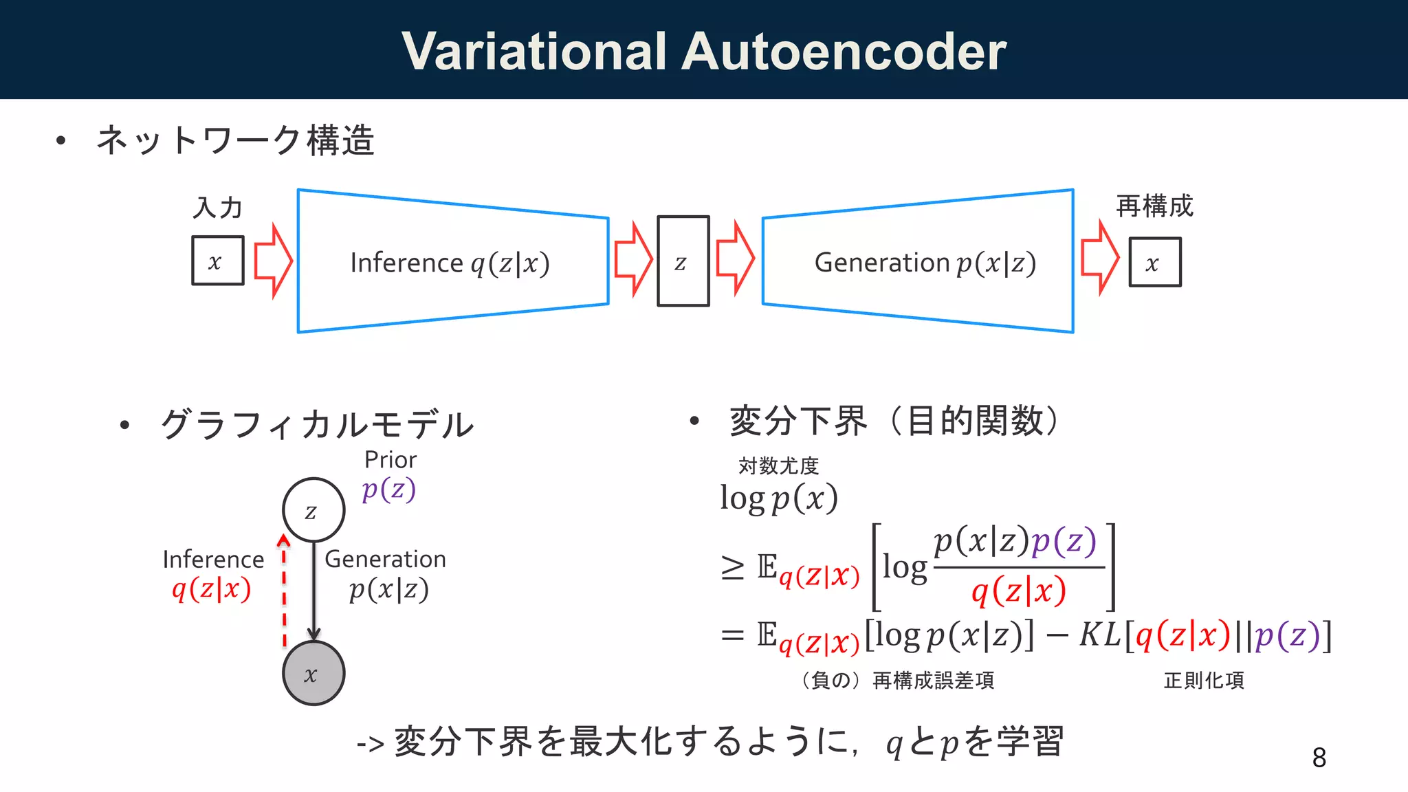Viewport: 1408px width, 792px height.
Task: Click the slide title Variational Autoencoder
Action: tap(704, 52)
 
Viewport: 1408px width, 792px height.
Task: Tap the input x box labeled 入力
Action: tap(217, 261)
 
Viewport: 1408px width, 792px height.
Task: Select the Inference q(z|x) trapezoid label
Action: tap(450, 263)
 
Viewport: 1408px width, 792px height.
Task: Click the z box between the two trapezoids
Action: tap(683, 261)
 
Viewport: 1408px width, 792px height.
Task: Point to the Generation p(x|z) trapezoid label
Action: tap(925, 263)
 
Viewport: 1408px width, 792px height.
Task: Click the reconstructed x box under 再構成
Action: tap(1155, 262)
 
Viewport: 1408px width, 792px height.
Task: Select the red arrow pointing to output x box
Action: tap(1099, 258)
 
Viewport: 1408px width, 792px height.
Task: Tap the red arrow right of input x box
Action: tap(273, 261)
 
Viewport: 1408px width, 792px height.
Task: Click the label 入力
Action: tap(217, 207)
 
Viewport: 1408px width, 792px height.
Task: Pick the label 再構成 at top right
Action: tap(1154, 206)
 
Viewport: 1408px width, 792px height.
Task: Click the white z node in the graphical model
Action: tap(313, 510)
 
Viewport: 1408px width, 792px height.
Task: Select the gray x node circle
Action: tap(313, 673)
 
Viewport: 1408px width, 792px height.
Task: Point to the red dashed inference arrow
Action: tap(284, 591)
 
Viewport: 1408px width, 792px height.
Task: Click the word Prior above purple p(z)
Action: tap(390, 459)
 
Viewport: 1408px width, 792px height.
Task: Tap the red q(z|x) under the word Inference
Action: tap(212, 589)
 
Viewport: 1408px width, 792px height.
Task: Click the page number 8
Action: tap(1319, 758)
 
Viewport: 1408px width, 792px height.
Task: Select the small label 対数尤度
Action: tap(778, 465)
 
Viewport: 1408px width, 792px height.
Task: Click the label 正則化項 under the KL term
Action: tap(1204, 680)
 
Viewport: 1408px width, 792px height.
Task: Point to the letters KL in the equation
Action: tap(1100, 635)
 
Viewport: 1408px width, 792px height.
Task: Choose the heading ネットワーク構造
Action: tap(235, 140)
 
